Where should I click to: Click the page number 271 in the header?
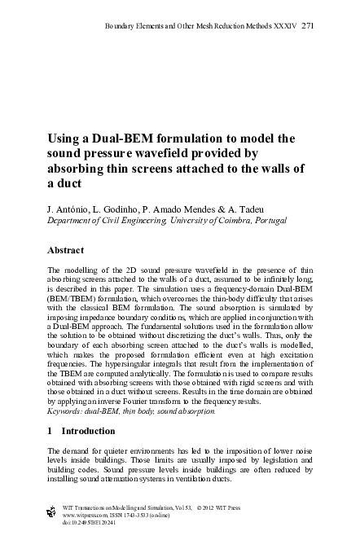point(308,27)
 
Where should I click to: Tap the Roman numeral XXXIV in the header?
point(285,27)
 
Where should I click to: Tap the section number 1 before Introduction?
point(50,431)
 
